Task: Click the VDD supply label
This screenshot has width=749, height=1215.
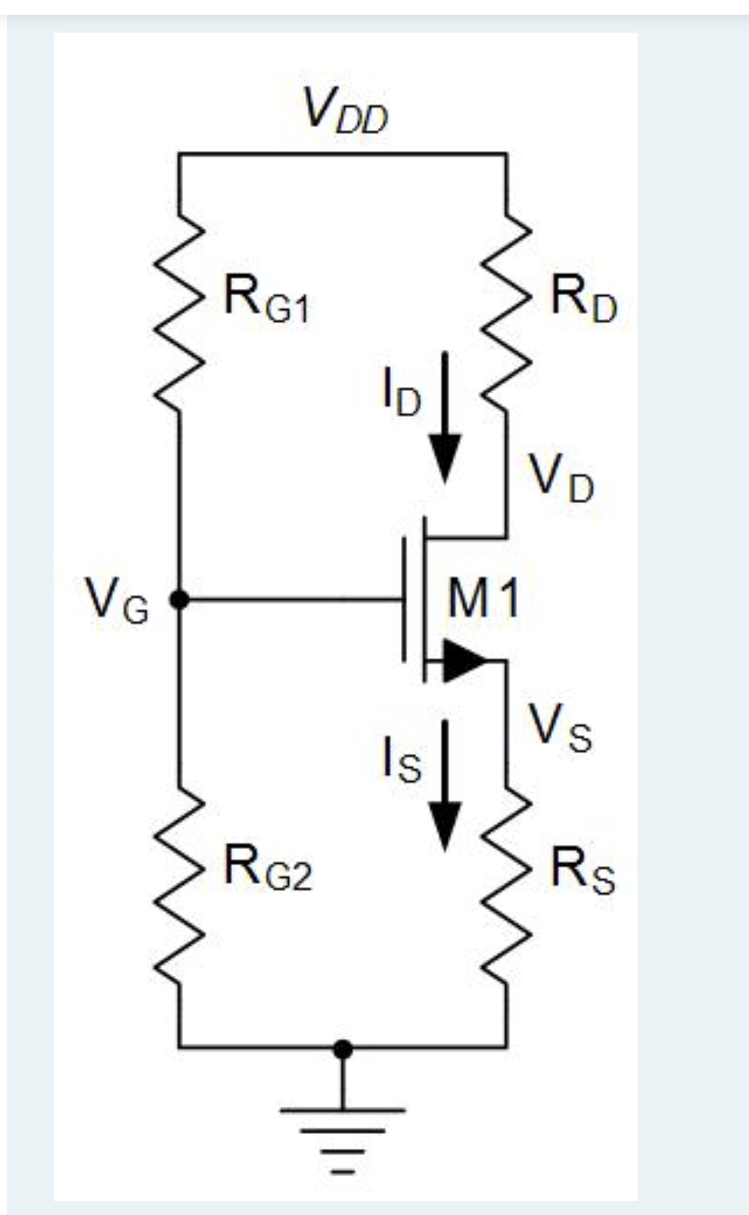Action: (x=345, y=111)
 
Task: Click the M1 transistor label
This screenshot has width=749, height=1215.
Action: (x=484, y=600)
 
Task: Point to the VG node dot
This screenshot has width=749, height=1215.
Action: (x=180, y=600)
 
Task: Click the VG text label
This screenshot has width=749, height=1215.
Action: (x=118, y=601)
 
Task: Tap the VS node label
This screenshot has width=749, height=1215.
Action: (x=560, y=728)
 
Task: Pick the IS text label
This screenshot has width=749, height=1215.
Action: (x=401, y=759)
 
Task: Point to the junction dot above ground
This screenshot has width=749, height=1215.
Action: (x=343, y=1049)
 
